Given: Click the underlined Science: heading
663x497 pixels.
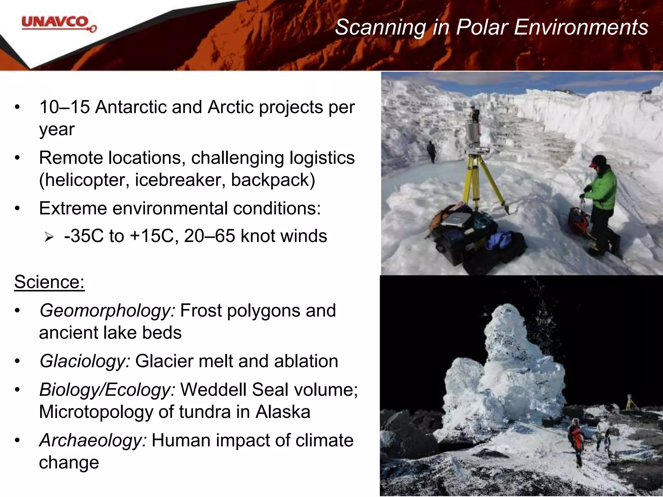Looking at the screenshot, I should coord(49,282).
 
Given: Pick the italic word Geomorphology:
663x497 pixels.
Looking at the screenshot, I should coord(107,311).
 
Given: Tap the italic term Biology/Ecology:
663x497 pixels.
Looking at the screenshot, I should coord(107,390).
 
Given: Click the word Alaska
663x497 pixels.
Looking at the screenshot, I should coord(283,412).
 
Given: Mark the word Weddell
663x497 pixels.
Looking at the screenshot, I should coord(214,390).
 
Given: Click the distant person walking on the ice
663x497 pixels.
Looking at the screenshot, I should coord(432,151).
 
